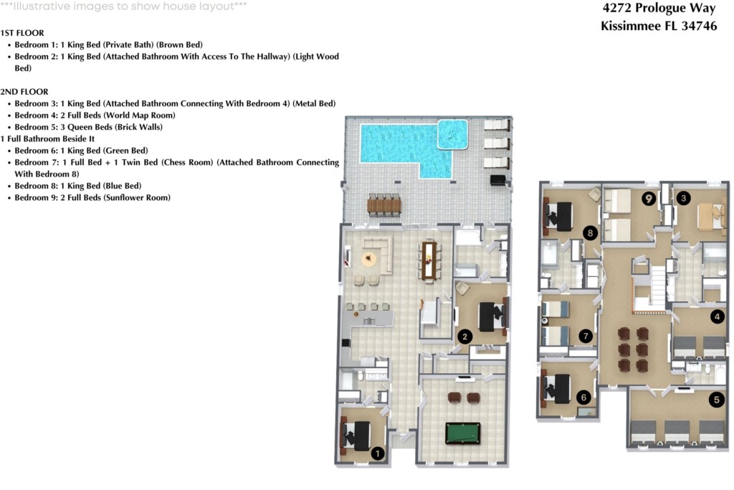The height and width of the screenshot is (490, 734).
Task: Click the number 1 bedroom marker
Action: [376, 453]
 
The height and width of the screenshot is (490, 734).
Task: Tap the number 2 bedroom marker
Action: [464, 336]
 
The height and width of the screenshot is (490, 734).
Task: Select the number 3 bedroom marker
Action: [684, 199]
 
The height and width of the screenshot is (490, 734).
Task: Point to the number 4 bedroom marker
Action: [716, 316]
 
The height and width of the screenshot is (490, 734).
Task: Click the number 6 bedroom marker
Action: [583, 396]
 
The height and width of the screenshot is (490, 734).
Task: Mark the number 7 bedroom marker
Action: [586, 335]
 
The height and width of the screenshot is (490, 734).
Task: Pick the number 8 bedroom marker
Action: [591, 232]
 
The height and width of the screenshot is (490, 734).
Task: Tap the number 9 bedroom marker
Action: [649, 199]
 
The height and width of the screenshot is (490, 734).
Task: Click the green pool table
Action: [462, 433]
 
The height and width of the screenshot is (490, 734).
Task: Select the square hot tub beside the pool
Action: [452, 133]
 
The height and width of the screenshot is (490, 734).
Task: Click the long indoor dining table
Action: [430, 259]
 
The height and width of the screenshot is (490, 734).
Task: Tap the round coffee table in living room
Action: [369, 259]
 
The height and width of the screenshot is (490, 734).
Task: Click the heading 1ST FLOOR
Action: [22, 33]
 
